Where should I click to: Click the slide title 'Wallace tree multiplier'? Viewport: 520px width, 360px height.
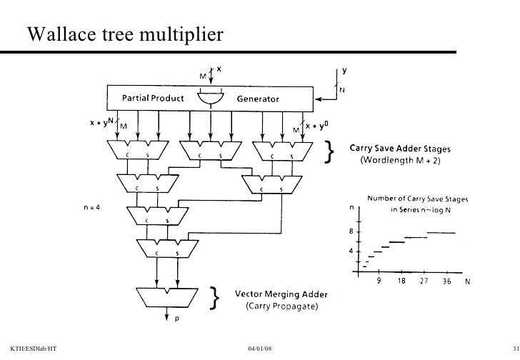(x=126, y=34)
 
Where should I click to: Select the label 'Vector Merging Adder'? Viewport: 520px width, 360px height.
(x=276, y=294)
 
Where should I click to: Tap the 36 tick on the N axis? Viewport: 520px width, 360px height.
(x=445, y=281)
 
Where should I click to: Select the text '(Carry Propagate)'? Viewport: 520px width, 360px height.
(x=276, y=306)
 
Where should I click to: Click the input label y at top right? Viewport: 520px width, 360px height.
(x=345, y=71)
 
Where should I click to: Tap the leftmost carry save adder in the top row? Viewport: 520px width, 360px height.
(x=137, y=150)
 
